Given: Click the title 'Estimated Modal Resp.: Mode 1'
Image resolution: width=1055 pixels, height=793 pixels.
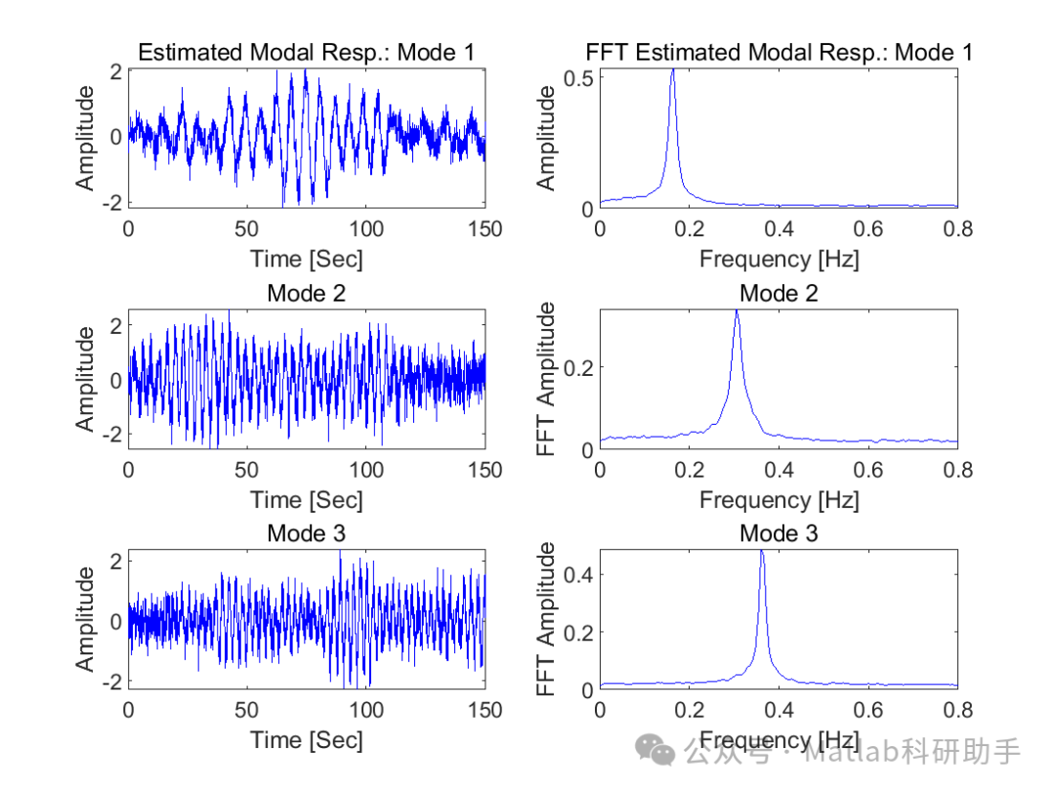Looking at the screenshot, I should click(x=307, y=53).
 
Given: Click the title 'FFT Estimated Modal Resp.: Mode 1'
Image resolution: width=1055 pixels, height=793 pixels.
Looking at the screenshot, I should click(x=779, y=53).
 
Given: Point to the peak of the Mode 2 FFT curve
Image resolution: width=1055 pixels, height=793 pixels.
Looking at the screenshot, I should click(x=737, y=312).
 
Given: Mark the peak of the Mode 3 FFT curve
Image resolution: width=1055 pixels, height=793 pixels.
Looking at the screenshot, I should click(x=761, y=552).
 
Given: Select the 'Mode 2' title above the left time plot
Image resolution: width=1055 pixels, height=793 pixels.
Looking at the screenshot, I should click(x=307, y=293).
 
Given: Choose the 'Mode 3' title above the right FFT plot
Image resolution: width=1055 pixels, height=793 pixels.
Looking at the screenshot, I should click(x=779, y=533).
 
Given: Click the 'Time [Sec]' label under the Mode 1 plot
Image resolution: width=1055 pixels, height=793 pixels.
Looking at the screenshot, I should click(x=307, y=259).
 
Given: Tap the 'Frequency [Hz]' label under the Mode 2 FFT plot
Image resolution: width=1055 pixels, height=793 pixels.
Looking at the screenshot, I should click(x=779, y=500).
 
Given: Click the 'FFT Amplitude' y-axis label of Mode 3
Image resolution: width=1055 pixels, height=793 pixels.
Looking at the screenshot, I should click(x=547, y=620).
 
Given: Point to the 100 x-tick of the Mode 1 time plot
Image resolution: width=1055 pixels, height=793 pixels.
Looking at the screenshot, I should click(x=367, y=230).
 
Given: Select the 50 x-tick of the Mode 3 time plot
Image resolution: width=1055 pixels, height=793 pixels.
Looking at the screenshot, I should click(x=247, y=710).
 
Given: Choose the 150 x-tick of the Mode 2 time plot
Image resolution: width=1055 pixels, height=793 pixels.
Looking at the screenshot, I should click(x=485, y=470).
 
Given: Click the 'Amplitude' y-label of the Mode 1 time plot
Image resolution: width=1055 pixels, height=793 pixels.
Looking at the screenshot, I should click(x=87, y=138).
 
